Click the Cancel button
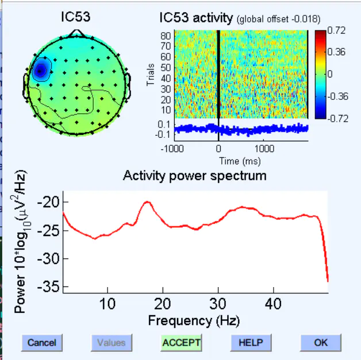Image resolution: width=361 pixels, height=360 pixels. pos(42,343)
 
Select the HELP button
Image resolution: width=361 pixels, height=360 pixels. pos(251,343)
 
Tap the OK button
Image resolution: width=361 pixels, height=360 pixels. pos(321,343)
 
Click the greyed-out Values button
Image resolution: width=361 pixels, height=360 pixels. pos(111,343)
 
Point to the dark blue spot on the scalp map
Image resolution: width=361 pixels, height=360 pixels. pos(40,71)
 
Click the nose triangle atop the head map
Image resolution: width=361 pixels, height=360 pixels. pos(77,34)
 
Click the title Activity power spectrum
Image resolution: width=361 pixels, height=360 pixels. pos(194,176)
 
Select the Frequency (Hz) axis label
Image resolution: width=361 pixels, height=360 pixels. pos(194,320)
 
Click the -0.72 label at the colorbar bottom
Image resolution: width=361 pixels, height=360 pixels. pos(336,118)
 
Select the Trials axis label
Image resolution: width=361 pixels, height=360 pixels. pos(151,75)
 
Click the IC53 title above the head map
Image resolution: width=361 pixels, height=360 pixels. pos(75,17)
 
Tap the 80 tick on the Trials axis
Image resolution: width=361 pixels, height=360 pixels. pos(166,35)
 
